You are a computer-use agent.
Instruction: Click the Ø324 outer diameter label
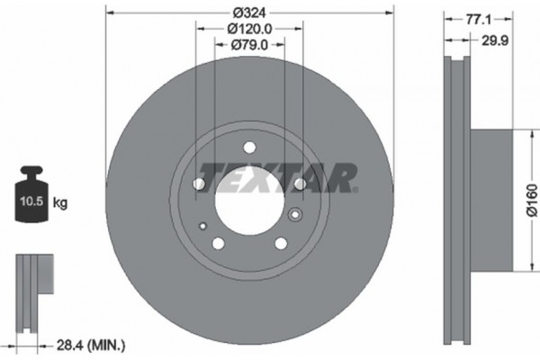(249, 12)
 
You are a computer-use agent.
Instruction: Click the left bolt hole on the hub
(200, 185)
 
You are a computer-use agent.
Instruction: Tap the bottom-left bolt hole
(219, 243)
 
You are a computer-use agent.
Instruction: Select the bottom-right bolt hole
(280, 243)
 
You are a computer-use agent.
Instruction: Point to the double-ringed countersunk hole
(295, 214)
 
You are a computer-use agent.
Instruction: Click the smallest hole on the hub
(204, 225)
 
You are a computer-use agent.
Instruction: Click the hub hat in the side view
(490, 200)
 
